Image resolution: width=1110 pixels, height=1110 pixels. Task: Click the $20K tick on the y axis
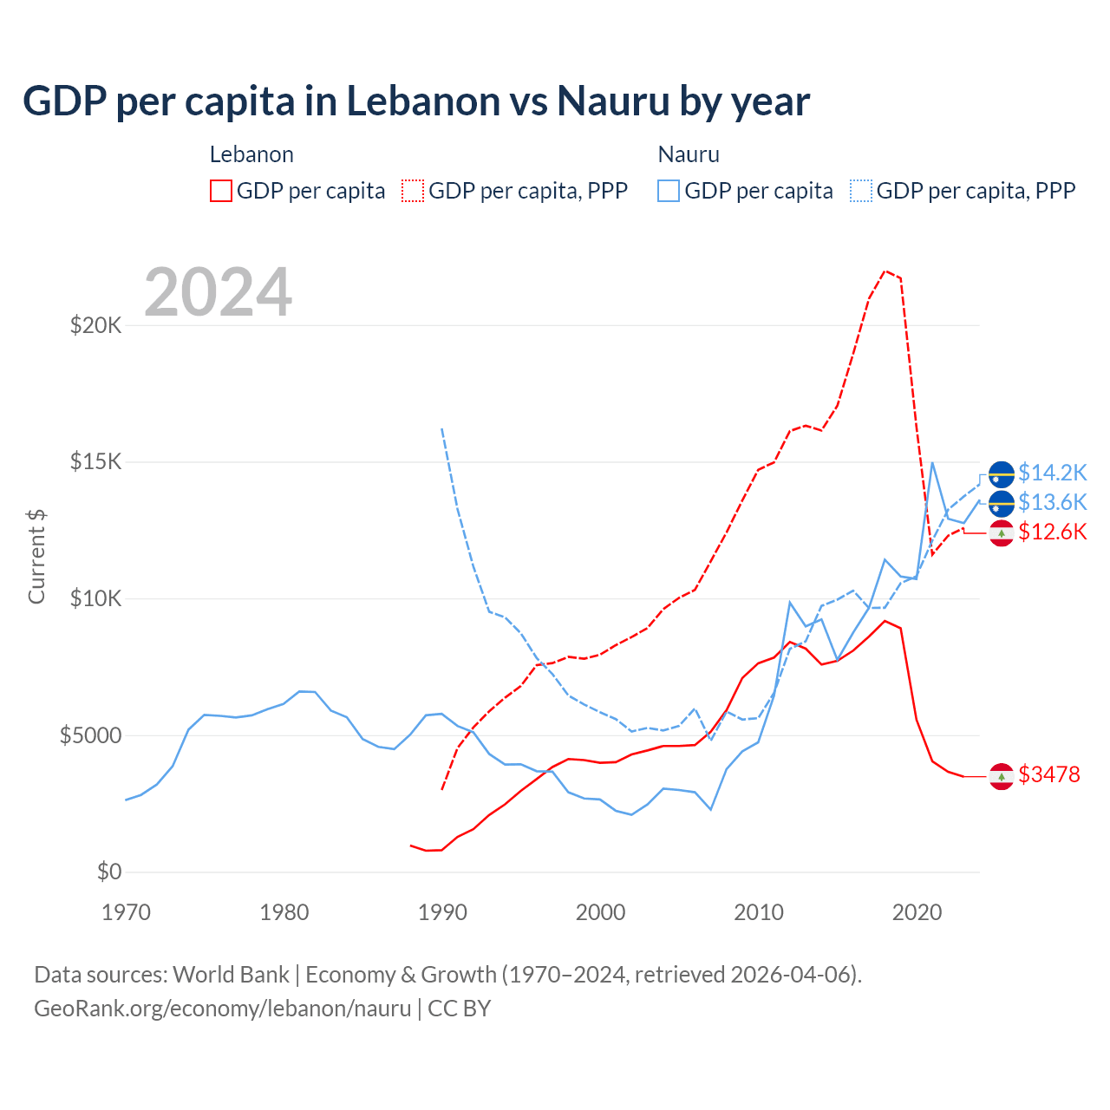pos(95,326)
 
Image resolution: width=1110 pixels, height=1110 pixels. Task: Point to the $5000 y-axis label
pos(90,736)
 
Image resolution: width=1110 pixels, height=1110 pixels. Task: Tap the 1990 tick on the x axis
pos(442,912)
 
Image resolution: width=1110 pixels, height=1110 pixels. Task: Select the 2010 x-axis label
pos(759,912)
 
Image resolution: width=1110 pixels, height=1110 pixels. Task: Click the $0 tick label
pos(108,872)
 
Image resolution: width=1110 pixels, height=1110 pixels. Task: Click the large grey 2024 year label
pos(218,292)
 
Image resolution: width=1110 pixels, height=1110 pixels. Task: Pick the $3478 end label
pos(1049,774)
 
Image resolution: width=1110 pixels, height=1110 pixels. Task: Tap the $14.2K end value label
pos(1052,473)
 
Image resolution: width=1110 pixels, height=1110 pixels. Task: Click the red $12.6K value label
pos(1052,532)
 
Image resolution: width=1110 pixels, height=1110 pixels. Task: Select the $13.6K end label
pos(1052,502)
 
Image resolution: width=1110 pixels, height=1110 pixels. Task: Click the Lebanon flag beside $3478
pos(1002,777)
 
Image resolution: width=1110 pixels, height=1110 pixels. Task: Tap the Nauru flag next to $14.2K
pos(1002,474)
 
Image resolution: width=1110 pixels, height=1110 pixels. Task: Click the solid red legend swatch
pos(221,191)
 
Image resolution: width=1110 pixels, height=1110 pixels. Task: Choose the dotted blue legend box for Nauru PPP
pos(861,191)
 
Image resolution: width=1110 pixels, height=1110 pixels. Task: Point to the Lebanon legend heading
pos(251,154)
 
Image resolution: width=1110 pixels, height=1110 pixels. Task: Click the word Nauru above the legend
pos(689,154)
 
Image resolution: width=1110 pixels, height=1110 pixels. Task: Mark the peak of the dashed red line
pos(885,271)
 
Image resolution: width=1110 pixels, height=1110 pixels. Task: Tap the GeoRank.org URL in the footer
pos(222,1009)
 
